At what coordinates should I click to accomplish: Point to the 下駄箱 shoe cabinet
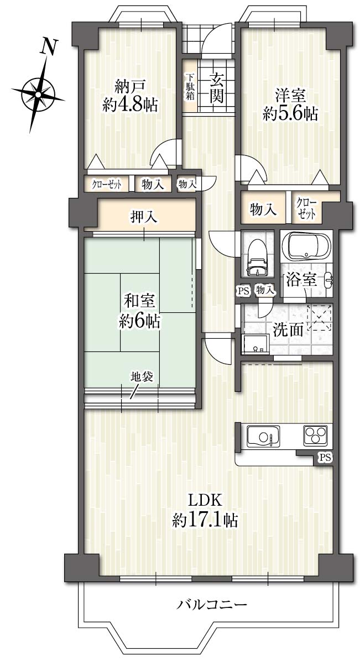[x=190, y=87]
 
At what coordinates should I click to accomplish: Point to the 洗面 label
[x=288, y=329]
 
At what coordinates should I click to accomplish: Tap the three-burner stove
[x=315, y=434]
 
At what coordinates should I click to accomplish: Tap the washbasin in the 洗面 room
[x=255, y=344]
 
